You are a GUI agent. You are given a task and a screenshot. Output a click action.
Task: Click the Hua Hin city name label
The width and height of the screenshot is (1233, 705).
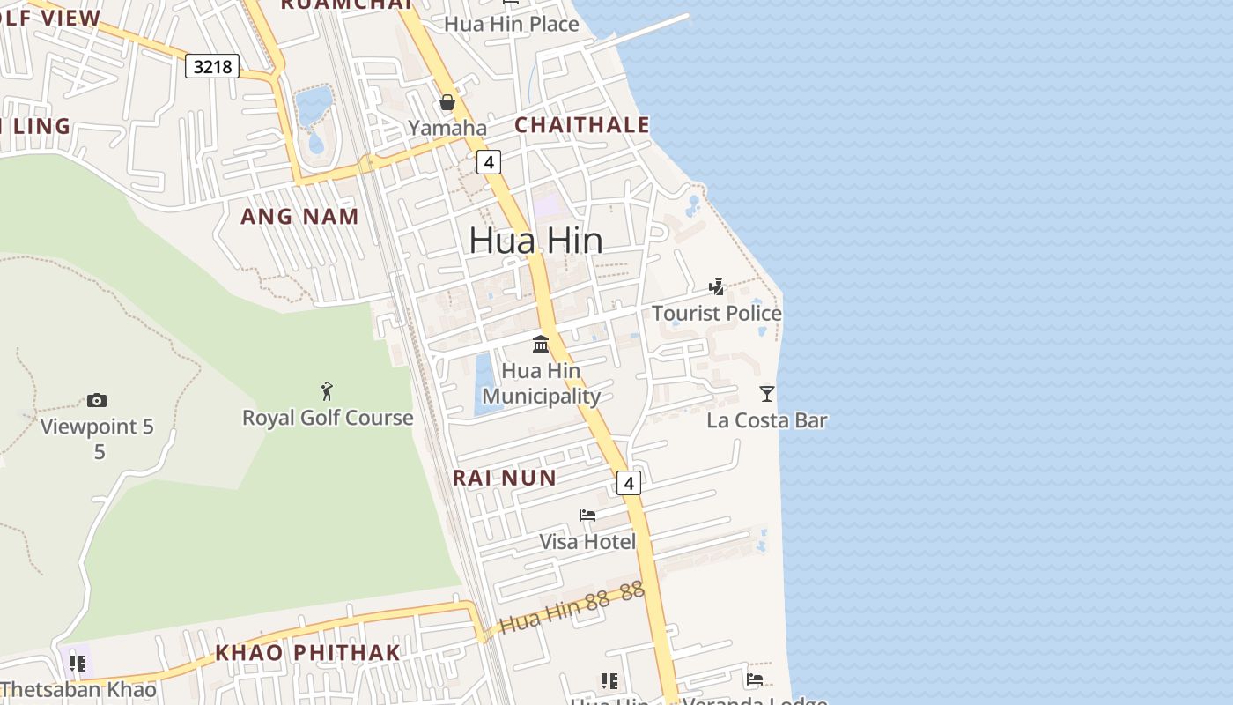pyautogui.click(x=535, y=241)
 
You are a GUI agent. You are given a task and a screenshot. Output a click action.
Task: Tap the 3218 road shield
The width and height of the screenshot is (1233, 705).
pyautogui.click(x=212, y=66)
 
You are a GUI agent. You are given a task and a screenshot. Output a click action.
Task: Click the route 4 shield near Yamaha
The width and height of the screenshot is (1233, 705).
pyautogui.click(x=488, y=162)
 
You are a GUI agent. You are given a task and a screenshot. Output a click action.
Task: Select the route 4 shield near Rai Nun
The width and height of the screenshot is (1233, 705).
pyautogui.click(x=627, y=483)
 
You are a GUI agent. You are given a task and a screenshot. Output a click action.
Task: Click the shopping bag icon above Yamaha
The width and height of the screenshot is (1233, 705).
pyautogui.click(x=447, y=102)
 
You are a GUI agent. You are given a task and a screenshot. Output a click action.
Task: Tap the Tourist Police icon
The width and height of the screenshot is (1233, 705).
pyautogui.click(x=717, y=286)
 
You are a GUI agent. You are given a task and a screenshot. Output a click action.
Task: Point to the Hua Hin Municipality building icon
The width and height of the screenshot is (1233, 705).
pyautogui.click(x=541, y=344)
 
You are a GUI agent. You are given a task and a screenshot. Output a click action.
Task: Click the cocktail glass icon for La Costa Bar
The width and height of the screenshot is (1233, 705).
pyautogui.click(x=767, y=393)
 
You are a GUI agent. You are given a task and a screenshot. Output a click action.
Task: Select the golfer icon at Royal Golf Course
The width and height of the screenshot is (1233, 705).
pyautogui.click(x=327, y=390)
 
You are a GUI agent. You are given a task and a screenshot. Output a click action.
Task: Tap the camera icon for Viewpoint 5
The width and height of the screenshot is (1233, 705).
pyautogui.click(x=97, y=400)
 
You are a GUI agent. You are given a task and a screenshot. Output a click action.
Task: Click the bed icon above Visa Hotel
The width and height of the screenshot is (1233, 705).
pyautogui.click(x=587, y=515)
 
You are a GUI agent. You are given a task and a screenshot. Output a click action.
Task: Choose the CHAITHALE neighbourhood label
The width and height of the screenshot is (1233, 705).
pyautogui.click(x=581, y=125)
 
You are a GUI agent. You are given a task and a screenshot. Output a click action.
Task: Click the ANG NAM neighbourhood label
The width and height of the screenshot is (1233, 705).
pyautogui.click(x=299, y=216)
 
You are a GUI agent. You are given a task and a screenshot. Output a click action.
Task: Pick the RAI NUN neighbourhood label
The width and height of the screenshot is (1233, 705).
pyautogui.click(x=505, y=478)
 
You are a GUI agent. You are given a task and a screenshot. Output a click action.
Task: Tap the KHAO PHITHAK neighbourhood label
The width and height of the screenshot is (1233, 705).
pyautogui.click(x=308, y=653)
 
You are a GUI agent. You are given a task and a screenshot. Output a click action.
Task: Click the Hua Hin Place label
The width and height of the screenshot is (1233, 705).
pyautogui.click(x=511, y=24)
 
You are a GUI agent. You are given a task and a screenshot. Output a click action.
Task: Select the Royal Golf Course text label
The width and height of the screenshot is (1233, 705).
pyautogui.click(x=328, y=418)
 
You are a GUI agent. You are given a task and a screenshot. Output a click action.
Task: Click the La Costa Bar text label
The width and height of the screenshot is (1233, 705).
pyautogui.click(x=767, y=420)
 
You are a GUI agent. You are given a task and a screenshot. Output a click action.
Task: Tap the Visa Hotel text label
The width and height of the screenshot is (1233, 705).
pyautogui.click(x=587, y=541)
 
